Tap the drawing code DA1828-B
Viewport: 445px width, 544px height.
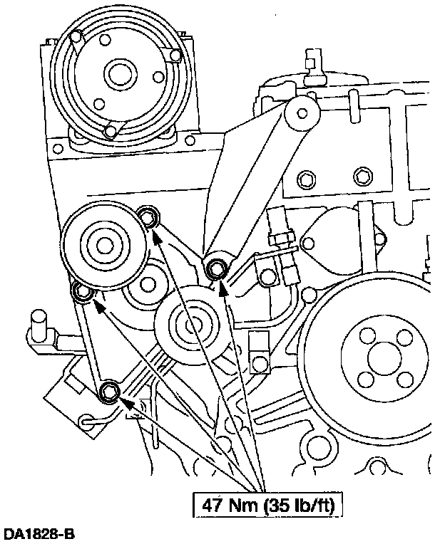click(x=39, y=533)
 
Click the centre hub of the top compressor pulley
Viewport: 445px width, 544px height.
click(x=117, y=73)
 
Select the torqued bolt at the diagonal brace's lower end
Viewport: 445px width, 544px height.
click(x=217, y=268)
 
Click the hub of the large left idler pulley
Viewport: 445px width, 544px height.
click(x=104, y=245)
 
